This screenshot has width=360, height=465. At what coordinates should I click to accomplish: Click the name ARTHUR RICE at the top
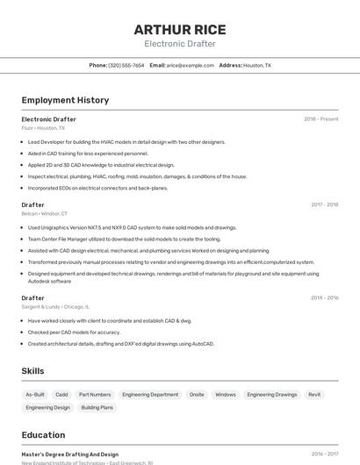pyautogui.click(x=179, y=28)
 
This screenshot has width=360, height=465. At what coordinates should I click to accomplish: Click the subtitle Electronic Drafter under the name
pyautogui.click(x=179, y=43)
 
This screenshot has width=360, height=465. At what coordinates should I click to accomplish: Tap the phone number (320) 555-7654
pyautogui.click(x=126, y=65)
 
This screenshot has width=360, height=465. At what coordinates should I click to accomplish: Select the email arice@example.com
pyautogui.click(x=190, y=65)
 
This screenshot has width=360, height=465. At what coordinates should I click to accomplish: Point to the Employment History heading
pyautogui.click(x=65, y=100)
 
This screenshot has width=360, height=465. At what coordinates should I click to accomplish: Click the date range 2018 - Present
pyautogui.click(x=320, y=119)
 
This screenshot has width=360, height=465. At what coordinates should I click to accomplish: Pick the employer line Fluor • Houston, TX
pyautogui.click(x=43, y=128)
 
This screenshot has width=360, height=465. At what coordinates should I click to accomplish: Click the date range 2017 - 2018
pyautogui.click(x=324, y=204)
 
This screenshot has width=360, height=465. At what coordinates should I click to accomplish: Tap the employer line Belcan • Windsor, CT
pyautogui.click(x=44, y=213)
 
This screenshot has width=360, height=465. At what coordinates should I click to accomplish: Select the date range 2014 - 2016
pyautogui.click(x=324, y=298)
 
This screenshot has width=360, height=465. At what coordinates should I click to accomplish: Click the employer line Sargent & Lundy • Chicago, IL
pyautogui.click(x=55, y=307)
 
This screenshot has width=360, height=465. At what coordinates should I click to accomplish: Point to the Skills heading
pyautogui.click(x=32, y=371)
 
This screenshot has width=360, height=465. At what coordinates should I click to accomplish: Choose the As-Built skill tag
pyautogui.click(x=35, y=395)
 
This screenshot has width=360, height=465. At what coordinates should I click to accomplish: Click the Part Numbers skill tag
pyautogui.click(x=95, y=395)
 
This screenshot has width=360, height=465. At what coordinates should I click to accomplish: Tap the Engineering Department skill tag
pyautogui.click(x=150, y=395)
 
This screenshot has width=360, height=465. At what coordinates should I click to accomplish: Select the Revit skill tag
pyautogui.click(x=314, y=395)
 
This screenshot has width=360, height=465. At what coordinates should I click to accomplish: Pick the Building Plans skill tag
pyautogui.click(x=97, y=408)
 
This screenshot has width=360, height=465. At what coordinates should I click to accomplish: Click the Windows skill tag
pyautogui.click(x=226, y=395)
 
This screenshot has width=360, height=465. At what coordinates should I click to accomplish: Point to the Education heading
pyautogui.click(x=43, y=435)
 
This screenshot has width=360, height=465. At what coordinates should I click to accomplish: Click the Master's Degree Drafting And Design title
pyautogui.click(x=70, y=454)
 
